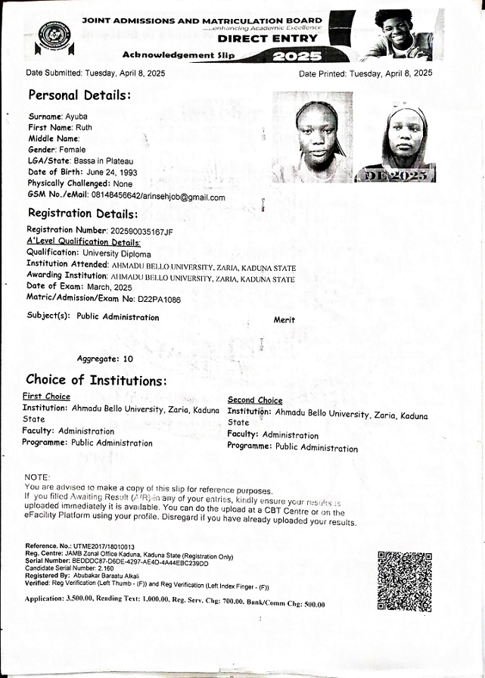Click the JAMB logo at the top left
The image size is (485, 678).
[55, 36]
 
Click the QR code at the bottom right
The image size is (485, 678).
[405, 581]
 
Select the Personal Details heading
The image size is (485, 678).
[79, 95]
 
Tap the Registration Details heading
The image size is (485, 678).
[82, 213]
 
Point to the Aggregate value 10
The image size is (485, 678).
[128, 359]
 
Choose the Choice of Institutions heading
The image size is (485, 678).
[96, 380]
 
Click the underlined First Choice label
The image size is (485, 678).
[46, 397]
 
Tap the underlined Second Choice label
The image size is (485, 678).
[255, 400]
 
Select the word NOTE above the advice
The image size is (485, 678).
[36, 477]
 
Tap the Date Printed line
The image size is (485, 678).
[365, 73]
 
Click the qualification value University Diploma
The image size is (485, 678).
[116, 253]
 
